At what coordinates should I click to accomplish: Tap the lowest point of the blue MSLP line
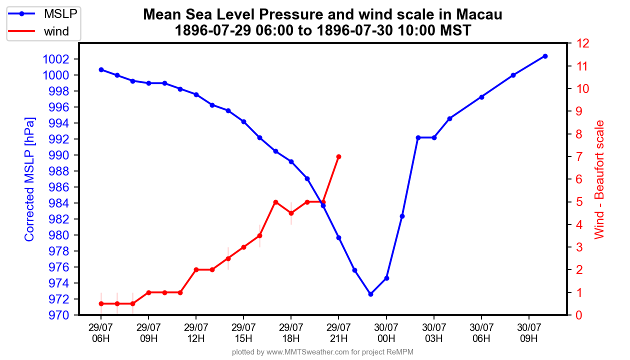[370, 294]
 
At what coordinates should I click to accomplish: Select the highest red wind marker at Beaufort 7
[338, 157]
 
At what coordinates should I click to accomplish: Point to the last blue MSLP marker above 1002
[545, 56]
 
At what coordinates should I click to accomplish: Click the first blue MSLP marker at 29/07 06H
[101, 69]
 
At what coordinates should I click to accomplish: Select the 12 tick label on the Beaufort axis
[583, 43]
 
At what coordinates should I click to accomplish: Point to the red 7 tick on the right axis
[580, 157]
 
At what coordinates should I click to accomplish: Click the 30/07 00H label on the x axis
[386, 332]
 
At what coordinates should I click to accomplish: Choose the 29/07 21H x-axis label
[338, 332]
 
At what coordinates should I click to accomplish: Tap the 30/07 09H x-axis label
[529, 332]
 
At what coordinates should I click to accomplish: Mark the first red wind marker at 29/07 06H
[101, 303]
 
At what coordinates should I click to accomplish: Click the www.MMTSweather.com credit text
[307, 352]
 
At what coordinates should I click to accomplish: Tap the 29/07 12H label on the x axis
[196, 332]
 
